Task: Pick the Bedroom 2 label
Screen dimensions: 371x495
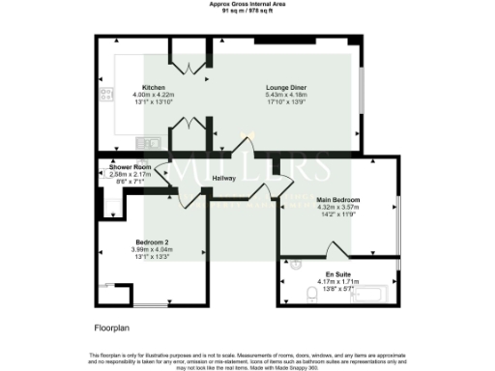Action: [153, 241]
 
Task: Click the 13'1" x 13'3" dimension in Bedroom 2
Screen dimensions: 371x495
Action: [153, 257]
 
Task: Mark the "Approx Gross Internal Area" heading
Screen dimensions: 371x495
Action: [247, 4]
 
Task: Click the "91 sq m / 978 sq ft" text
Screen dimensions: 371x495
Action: [247, 11]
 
